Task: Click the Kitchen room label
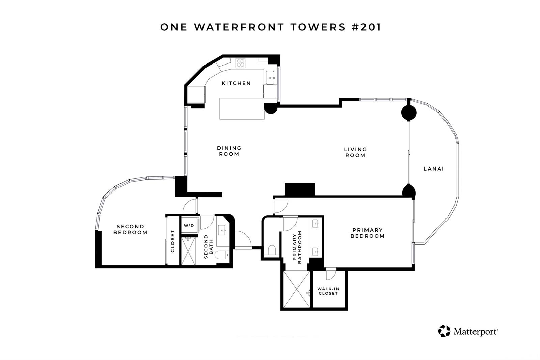click(236, 83)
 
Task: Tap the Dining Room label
click(229, 151)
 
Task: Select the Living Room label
click(355, 152)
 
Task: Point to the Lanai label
click(434, 169)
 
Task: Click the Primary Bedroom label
click(368, 233)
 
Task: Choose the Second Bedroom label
click(130, 229)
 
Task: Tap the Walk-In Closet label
click(328, 291)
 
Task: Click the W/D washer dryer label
click(189, 226)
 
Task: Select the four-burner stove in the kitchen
click(241, 63)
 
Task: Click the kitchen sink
click(270, 78)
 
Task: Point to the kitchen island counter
click(242, 108)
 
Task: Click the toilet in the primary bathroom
click(272, 250)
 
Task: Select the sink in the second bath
click(222, 230)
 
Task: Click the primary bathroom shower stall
click(297, 289)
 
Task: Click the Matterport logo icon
click(444, 331)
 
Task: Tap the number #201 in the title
click(366, 27)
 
